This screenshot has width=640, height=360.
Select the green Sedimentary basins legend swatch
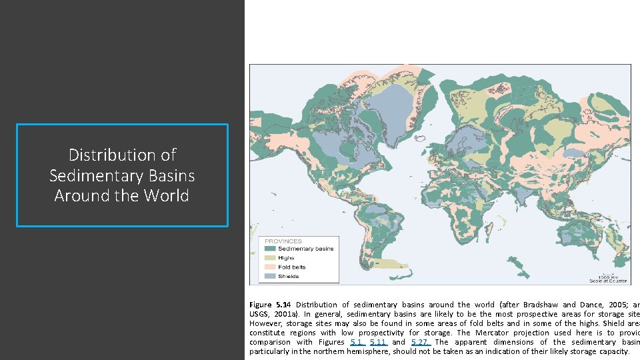click(x=270, y=249)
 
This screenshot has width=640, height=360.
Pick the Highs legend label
click(x=286, y=258)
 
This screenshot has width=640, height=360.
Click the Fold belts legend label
click(x=291, y=267)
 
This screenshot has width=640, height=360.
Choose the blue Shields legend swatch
click(x=270, y=276)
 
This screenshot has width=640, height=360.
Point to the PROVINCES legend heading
click(x=283, y=241)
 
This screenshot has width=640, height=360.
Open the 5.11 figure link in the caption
click(x=377, y=342)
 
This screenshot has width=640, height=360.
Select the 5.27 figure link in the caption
click(x=420, y=342)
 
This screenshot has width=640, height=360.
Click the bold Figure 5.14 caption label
click(x=270, y=305)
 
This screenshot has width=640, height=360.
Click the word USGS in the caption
click(x=259, y=314)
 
